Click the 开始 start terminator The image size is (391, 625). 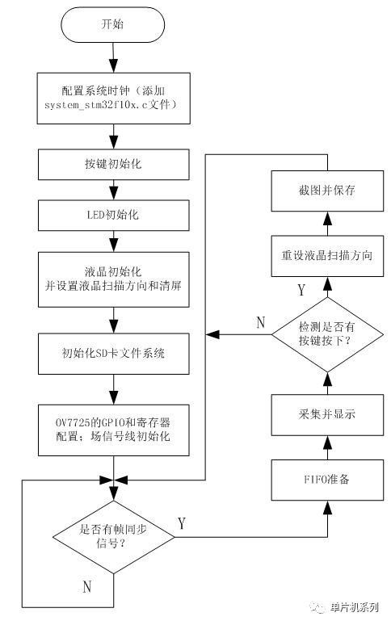coord(113,24)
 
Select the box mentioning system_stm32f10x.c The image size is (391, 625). coord(114,98)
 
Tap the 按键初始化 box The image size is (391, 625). coord(114,164)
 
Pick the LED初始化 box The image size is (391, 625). coord(114,216)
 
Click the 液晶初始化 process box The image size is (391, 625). coord(114,279)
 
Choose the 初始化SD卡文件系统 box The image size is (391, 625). coord(114,354)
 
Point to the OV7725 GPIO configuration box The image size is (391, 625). coord(114,430)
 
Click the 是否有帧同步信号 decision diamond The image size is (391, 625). coord(114,537)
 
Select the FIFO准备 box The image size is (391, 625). coord(327,480)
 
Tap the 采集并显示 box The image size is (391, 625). coord(327,415)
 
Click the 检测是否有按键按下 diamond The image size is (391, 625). coord(327,335)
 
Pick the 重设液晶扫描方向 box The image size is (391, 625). coord(327,256)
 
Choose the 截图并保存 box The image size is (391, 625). coord(327,191)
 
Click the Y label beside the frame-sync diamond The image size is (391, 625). coord(182,523)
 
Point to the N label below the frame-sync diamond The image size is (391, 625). coord(87,587)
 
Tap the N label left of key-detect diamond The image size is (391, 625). coord(261,322)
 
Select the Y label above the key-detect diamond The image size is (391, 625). coord(301,290)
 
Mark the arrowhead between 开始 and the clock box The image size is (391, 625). coord(114,65)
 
